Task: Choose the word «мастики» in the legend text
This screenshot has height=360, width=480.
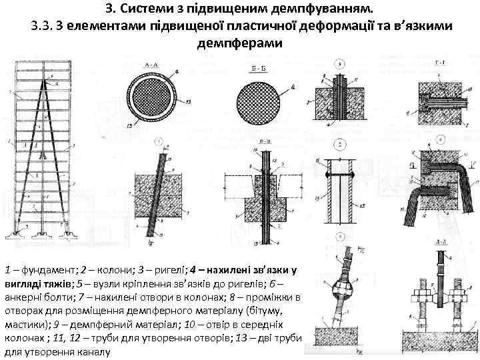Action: coord(23,322)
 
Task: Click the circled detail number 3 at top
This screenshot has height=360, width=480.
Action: coord(339,65)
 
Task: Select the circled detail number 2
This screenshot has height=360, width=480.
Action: coord(339,145)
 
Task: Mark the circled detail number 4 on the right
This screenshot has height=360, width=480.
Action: coord(441,139)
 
